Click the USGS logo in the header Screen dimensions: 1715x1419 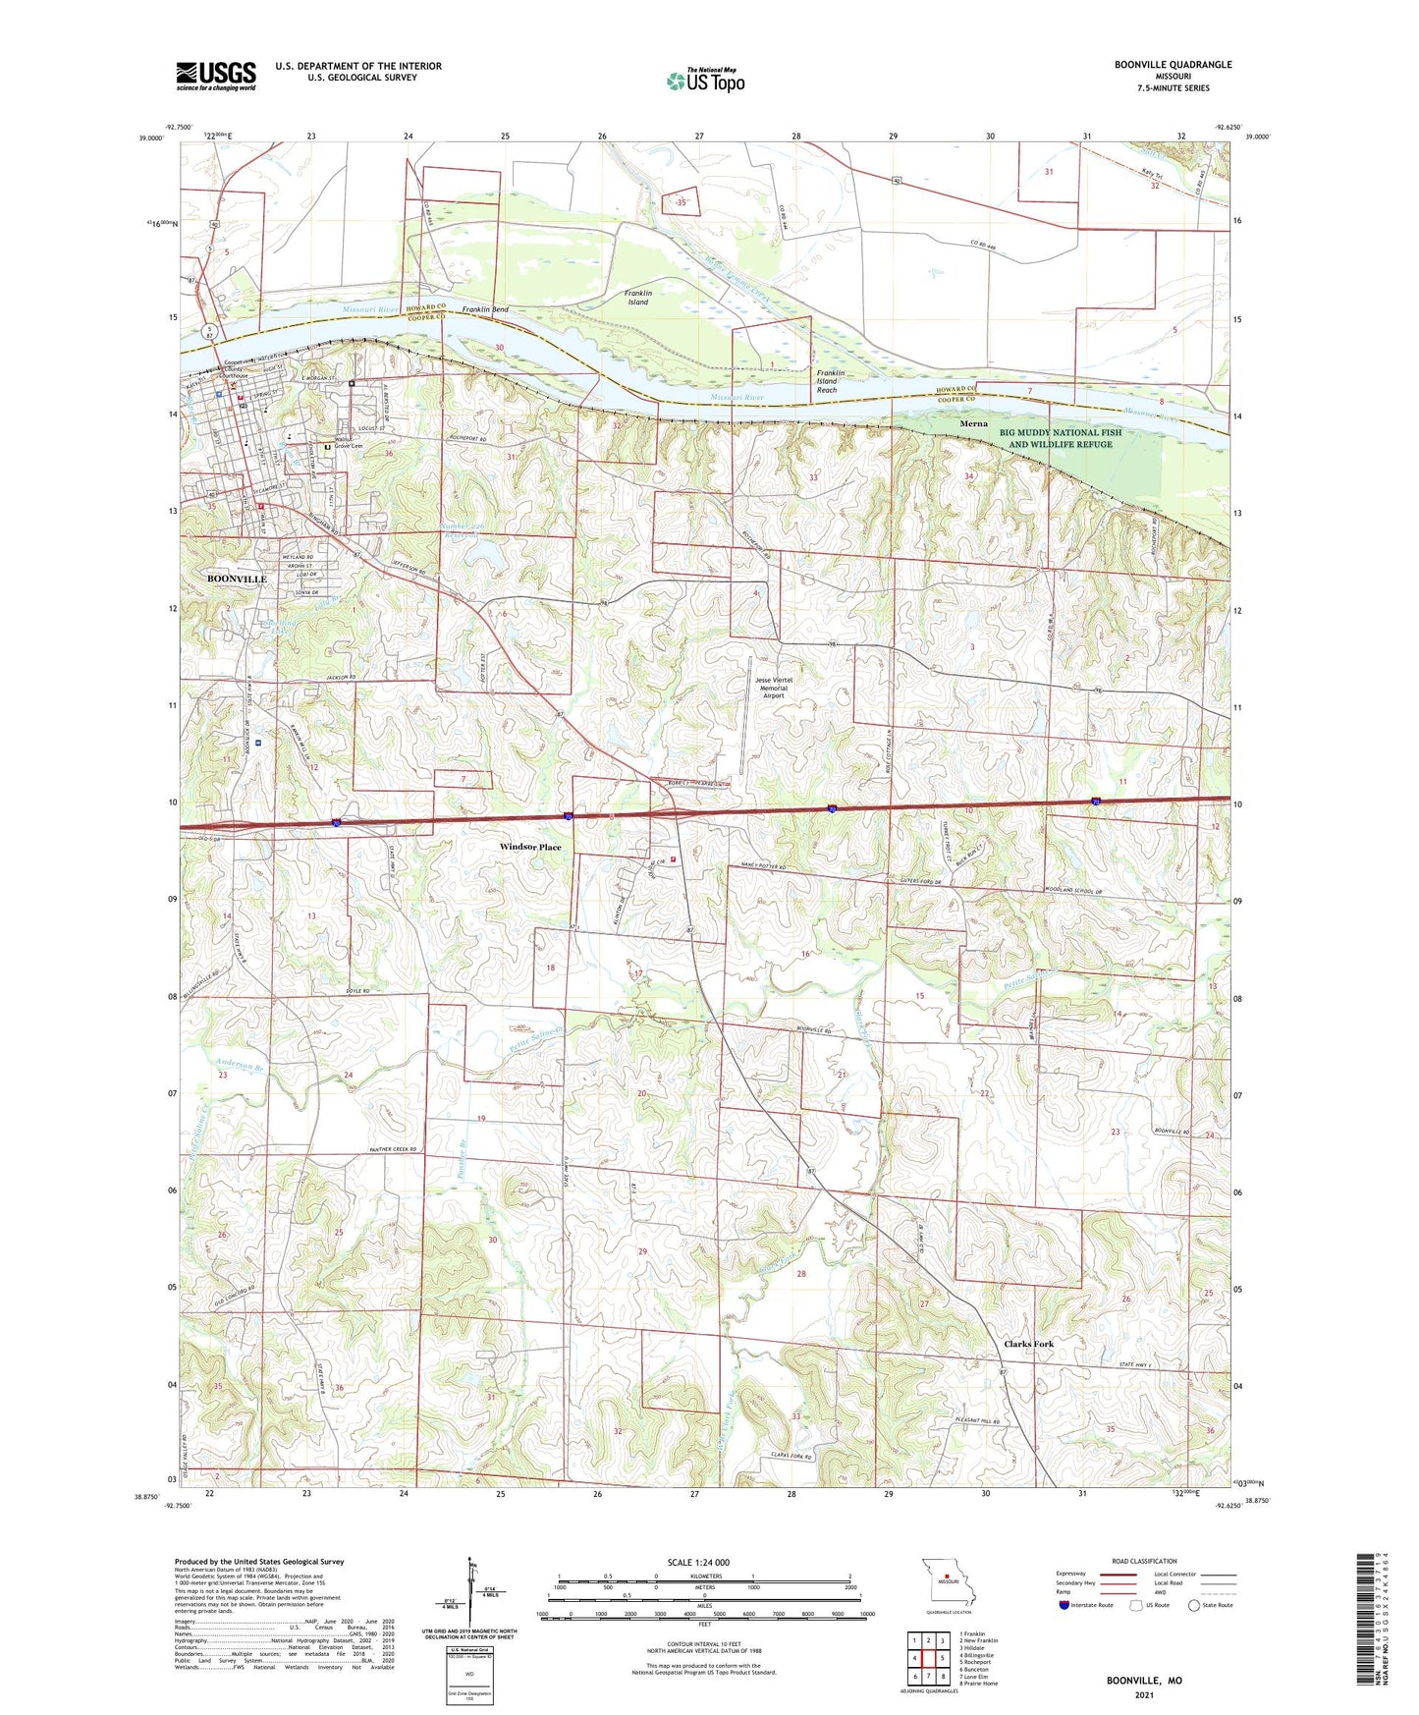(216, 76)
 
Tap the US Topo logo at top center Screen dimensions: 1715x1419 (706, 81)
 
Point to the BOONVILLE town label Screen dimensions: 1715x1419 (237, 580)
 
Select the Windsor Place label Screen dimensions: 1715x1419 (530, 847)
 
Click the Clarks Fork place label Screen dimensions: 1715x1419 (1028, 1344)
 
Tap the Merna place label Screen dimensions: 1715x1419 (973, 424)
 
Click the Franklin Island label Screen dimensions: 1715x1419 (638, 298)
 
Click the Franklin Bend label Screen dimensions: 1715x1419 (485, 309)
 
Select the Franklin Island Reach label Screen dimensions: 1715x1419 (827, 381)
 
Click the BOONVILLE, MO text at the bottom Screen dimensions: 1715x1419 (1144, 1680)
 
